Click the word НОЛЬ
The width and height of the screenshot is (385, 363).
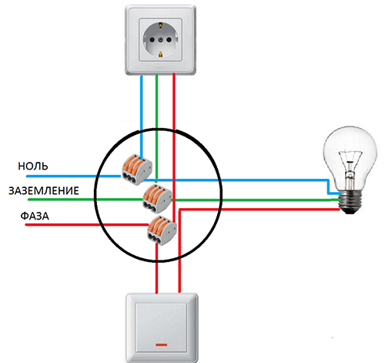pyautogui.click(x=33, y=166)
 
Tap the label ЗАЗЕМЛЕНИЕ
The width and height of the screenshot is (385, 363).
pyautogui.click(x=44, y=191)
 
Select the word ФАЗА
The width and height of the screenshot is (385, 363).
pyautogui.click(x=35, y=216)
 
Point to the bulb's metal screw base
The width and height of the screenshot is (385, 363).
pyautogui.click(x=350, y=203)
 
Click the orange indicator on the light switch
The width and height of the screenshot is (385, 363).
pyautogui.click(x=162, y=345)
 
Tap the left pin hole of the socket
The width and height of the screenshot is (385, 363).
pyautogui.click(x=152, y=40)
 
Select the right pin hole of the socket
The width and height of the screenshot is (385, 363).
pyautogui.click(x=169, y=39)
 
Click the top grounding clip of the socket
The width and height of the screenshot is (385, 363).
pyautogui.click(x=160, y=25)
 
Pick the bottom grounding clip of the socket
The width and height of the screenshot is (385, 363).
pyautogui.click(x=160, y=54)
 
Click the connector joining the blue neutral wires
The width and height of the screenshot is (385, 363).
pyautogui.click(x=137, y=170)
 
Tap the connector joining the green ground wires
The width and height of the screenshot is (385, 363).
pyautogui.click(x=157, y=198)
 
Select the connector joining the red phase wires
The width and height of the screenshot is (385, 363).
pyautogui.click(x=162, y=230)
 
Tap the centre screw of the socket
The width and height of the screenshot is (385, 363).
pyautogui.click(x=160, y=40)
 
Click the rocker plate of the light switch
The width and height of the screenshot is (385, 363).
pyautogui.click(x=162, y=328)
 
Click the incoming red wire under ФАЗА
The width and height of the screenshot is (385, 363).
pyautogui.click(x=87, y=225)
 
